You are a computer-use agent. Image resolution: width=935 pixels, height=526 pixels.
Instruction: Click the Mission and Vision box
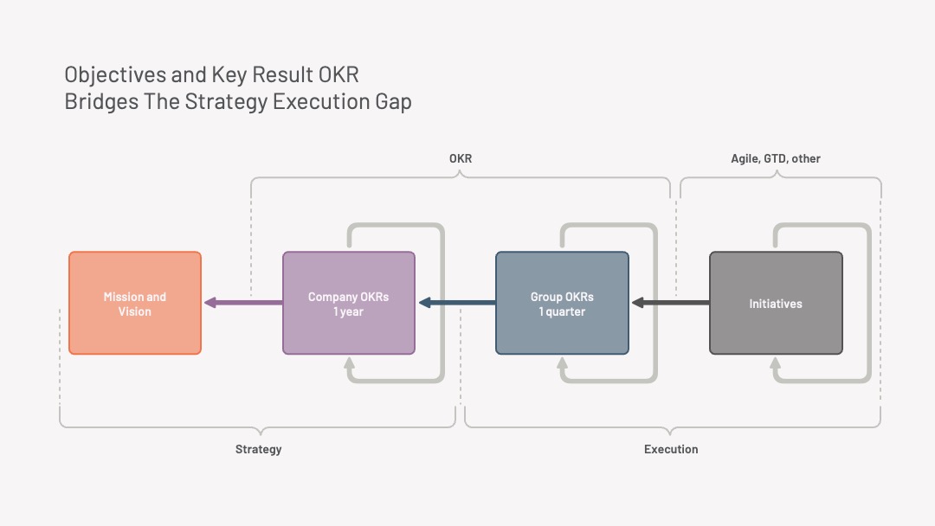pyautogui.click(x=135, y=303)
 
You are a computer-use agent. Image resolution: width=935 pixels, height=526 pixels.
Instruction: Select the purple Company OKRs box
pyautogui.click(x=349, y=303)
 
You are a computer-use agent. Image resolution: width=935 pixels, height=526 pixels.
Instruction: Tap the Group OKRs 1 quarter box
pyautogui.click(x=563, y=303)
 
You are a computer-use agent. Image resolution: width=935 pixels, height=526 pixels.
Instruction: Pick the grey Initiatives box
pyautogui.click(x=776, y=303)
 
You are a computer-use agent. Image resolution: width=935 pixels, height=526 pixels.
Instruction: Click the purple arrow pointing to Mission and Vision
pyautogui.click(x=243, y=303)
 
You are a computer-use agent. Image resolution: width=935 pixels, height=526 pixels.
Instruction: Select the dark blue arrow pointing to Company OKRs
pyautogui.click(x=457, y=303)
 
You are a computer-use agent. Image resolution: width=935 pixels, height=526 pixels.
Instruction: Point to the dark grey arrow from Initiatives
pyautogui.click(x=671, y=303)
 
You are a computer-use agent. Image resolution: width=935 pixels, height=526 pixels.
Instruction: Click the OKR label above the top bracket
pyautogui.click(x=461, y=158)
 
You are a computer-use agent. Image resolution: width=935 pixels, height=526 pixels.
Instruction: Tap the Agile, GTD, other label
pyautogui.click(x=776, y=159)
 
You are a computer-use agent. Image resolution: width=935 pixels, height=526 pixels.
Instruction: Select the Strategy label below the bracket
pyautogui.click(x=258, y=449)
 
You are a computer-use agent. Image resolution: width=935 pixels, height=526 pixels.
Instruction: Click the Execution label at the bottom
pyautogui.click(x=671, y=449)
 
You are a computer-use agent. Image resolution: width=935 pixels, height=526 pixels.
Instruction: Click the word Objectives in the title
pyautogui.click(x=115, y=75)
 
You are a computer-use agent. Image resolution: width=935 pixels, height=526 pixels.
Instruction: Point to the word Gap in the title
pyautogui.click(x=394, y=102)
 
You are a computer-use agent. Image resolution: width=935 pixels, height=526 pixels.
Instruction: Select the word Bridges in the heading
pyautogui.click(x=101, y=102)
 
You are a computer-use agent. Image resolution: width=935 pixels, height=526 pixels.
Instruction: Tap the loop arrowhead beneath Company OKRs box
pyautogui.click(x=350, y=362)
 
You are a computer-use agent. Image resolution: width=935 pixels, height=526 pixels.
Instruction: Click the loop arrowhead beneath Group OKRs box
pyautogui.click(x=563, y=362)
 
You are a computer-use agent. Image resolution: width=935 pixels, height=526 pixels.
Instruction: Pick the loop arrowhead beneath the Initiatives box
pyautogui.click(x=775, y=362)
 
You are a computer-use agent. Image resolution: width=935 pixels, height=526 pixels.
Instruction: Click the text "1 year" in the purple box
pyautogui.click(x=348, y=311)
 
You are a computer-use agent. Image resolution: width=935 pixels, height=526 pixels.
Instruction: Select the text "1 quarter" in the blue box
pyautogui.click(x=562, y=311)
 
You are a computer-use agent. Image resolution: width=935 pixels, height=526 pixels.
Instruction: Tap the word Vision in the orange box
pyautogui.click(x=135, y=311)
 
